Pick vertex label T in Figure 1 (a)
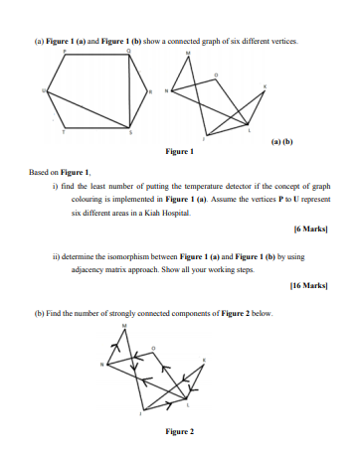(66, 131)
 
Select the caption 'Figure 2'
(178, 431)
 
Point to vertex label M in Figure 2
(124, 325)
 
